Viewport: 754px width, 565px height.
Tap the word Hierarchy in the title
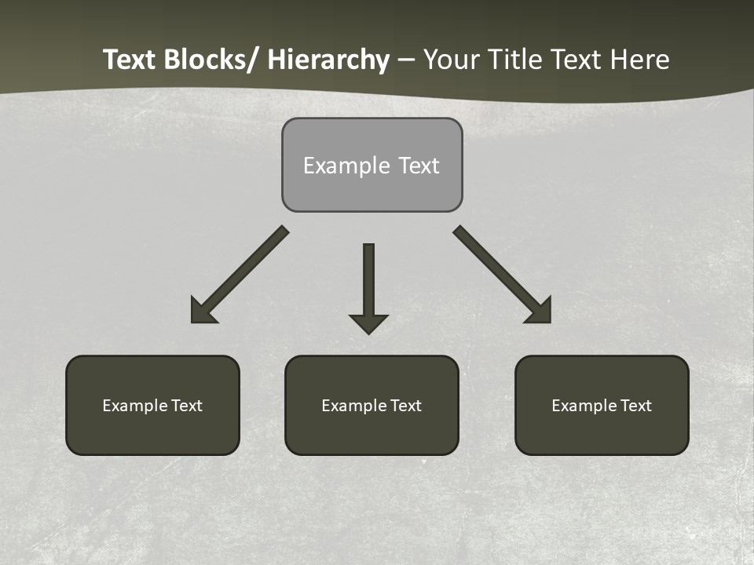(328, 60)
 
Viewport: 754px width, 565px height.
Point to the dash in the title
(406, 60)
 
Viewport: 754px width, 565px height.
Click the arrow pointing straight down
(368, 282)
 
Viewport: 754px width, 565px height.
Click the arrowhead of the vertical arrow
(368, 323)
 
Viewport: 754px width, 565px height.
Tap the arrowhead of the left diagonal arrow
(202, 312)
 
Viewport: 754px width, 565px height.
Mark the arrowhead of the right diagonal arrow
(540, 312)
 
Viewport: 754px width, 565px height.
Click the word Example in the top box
(335, 166)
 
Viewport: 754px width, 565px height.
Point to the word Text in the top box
(419, 166)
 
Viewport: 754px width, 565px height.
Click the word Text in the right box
(635, 406)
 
